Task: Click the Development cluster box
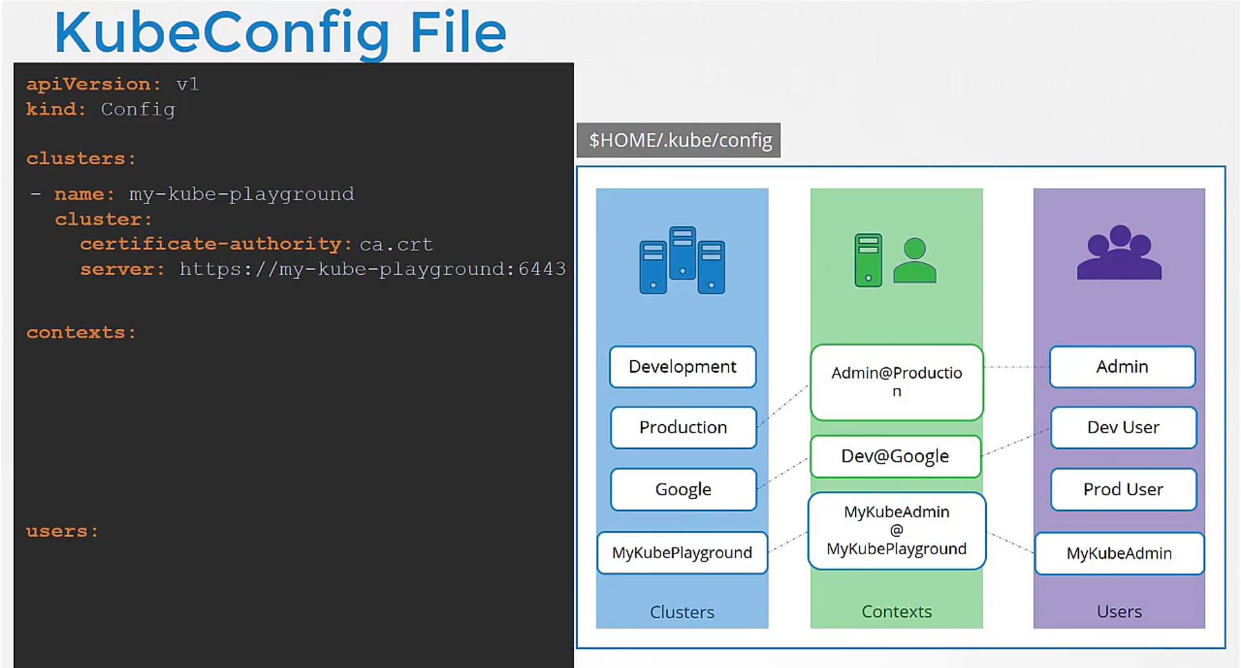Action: (683, 367)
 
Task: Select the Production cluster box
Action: (683, 427)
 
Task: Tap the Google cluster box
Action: (683, 490)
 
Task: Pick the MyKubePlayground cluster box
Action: (682, 553)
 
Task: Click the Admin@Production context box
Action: (896, 382)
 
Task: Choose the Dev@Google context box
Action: (895, 457)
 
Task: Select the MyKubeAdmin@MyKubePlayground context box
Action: (896, 531)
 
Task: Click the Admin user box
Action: (1122, 367)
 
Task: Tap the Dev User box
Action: (1123, 427)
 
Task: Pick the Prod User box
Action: (1123, 490)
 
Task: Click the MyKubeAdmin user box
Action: (1119, 554)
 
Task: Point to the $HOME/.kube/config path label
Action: (679, 140)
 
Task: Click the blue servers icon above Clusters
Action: (682, 260)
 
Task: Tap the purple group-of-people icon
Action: (1119, 252)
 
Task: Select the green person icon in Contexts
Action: (915, 260)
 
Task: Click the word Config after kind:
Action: (138, 109)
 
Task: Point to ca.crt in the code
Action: (396, 244)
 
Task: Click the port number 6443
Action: (542, 268)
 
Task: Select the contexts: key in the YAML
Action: (81, 332)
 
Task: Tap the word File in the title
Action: (458, 32)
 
